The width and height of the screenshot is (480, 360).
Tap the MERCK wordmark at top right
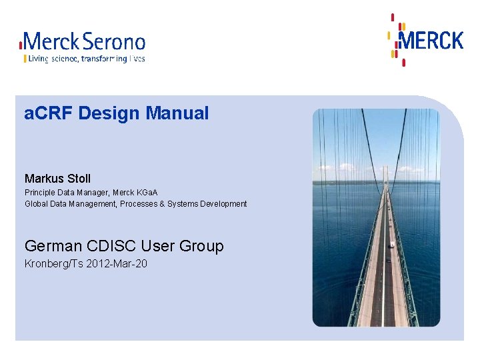coord(430,40)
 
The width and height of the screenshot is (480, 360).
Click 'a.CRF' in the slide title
coord(49,113)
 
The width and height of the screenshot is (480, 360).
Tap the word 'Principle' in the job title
coord(40,193)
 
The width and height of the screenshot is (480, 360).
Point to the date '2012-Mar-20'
coord(118,264)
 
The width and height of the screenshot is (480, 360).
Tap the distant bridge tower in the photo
coord(385,174)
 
